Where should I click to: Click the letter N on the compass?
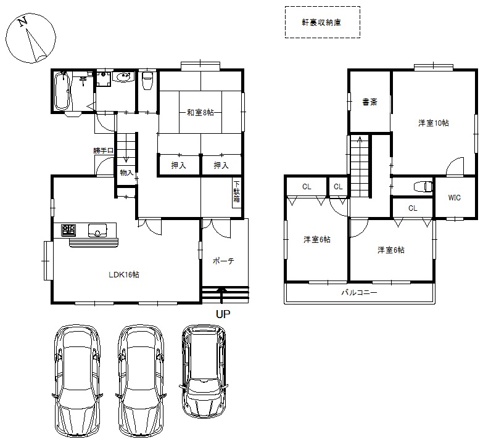coord(22,22)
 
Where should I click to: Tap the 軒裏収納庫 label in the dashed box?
coord(321,22)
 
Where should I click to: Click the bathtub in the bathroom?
coord(62,91)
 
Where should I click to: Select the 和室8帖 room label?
coord(200,112)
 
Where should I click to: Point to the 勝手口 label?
coord(104,150)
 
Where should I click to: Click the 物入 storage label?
coord(126,173)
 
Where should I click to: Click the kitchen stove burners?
coord(69,230)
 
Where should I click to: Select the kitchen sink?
coord(97,230)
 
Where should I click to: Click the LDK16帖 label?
coord(124,274)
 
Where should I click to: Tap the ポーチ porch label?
coord(223,261)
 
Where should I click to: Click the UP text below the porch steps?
coord(223,314)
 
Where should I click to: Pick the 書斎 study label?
coord(369,102)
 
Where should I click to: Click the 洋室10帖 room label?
coord(434,123)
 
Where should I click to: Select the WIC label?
coord(455,198)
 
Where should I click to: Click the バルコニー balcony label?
coord(359,292)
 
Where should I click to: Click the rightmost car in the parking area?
coord(204,371)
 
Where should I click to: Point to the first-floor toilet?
coord(147,80)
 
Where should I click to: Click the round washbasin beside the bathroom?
coord(123,76)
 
